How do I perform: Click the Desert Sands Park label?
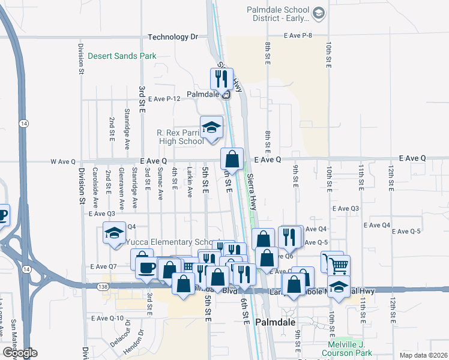click(x=122, y=56)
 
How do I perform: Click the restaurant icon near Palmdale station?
click(x=221, y=78)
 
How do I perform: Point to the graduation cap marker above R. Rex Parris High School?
click(x=211, y=127)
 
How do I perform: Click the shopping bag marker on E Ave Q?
click(x=232, y=159)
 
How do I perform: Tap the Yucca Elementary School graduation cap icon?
click(x=113, y=233)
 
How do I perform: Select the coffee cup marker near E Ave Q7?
click(x=146, y=268)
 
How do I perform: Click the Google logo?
click(x=20, y=353)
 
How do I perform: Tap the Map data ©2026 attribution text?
click(x=423, y=355)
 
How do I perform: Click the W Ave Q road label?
click(x=63, y=161)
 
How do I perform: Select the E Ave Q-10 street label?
click(x=107, y=318)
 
